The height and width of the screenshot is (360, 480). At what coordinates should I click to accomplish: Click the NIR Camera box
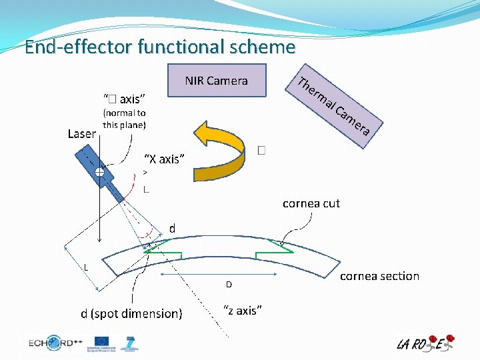click(x=217, y=81)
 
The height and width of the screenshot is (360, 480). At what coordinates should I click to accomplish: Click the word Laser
click(x=82, y=134)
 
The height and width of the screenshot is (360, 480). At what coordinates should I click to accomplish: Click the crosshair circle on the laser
click(x=99, y=172)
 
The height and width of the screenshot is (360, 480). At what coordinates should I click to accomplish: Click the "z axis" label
click(x=242, y=311)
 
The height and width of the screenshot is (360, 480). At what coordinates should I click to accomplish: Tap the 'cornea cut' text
click(x=311, y=203)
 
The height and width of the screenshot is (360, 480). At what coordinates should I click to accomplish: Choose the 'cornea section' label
click(x=379, y=276)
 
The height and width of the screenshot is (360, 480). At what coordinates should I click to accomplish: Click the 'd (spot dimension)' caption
click(x=131, y=313)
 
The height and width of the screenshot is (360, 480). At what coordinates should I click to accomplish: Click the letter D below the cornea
click(x=228, y=285)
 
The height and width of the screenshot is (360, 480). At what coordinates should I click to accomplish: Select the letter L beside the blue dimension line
click(x=86, y=267)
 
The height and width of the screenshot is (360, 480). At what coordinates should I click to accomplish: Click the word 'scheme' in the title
click(x=262, y=47)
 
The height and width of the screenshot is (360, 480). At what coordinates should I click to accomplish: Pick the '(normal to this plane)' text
click(x=124, y=119)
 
